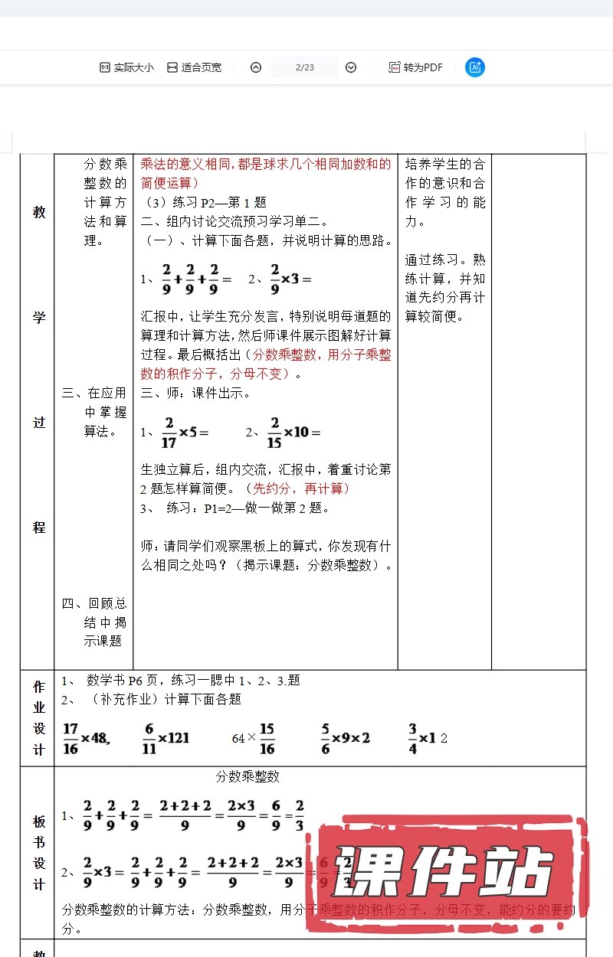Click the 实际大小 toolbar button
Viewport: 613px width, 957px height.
[x=126, y=67]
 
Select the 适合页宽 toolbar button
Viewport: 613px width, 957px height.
[x=194, y=67]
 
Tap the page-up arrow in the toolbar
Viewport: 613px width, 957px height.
[x=256, y=67]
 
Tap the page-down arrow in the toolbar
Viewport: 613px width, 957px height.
[x=351, y=67]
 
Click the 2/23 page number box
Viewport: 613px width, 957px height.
[x=304, y=67]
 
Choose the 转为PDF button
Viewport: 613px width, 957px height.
[x=416, y=67]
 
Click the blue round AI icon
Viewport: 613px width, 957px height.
[x=475, y=67]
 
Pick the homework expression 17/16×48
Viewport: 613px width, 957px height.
[x=87, y=738]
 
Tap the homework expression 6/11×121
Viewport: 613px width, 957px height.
[x=166, y=738]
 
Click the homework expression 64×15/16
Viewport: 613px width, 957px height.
[x=254, y=738]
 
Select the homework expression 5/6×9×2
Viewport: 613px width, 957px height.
[x=346, y=738]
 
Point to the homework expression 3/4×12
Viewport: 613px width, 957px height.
[x=428, y=738]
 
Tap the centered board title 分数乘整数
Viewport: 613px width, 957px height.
[x=248, y=776]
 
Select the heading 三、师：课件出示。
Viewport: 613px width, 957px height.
[x=195, y=394]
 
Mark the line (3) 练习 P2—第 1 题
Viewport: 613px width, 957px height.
[x=206, y=203]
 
